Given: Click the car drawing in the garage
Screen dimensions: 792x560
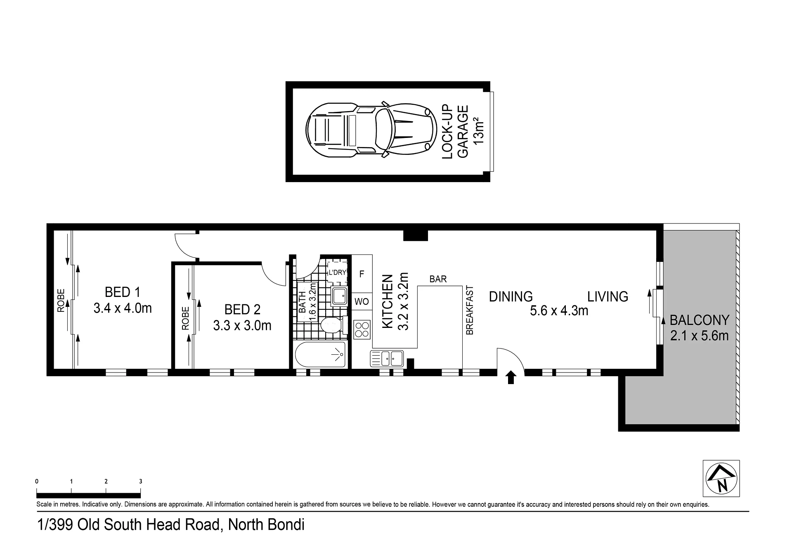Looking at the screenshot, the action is point(371,130).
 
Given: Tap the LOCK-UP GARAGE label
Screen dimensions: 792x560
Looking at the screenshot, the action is point(455,132).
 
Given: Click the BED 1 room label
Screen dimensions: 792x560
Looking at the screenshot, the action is point(123,292).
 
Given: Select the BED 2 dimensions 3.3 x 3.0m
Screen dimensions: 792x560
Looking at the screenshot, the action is point(242,325).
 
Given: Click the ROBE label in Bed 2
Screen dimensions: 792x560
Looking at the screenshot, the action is point(185,318).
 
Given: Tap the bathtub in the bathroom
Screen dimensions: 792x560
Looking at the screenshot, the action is point(320,354).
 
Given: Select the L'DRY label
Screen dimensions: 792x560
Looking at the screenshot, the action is point(337,273).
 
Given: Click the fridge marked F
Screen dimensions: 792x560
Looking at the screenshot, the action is point(362,273).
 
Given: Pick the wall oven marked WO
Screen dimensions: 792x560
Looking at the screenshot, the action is point(362,301).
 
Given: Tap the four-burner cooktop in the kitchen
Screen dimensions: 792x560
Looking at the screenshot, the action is point(362,330).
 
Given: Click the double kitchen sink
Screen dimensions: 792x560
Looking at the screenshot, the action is point(387,358).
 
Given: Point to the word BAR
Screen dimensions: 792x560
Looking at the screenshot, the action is point(438,279).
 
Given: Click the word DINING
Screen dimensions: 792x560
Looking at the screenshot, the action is point(511,297).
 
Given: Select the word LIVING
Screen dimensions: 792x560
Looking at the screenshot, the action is point(608,297).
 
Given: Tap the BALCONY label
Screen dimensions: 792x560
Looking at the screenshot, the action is point(700,320).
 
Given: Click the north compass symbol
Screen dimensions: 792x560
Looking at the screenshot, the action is point(721,478).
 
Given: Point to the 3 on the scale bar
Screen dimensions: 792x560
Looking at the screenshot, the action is point(141,481).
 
